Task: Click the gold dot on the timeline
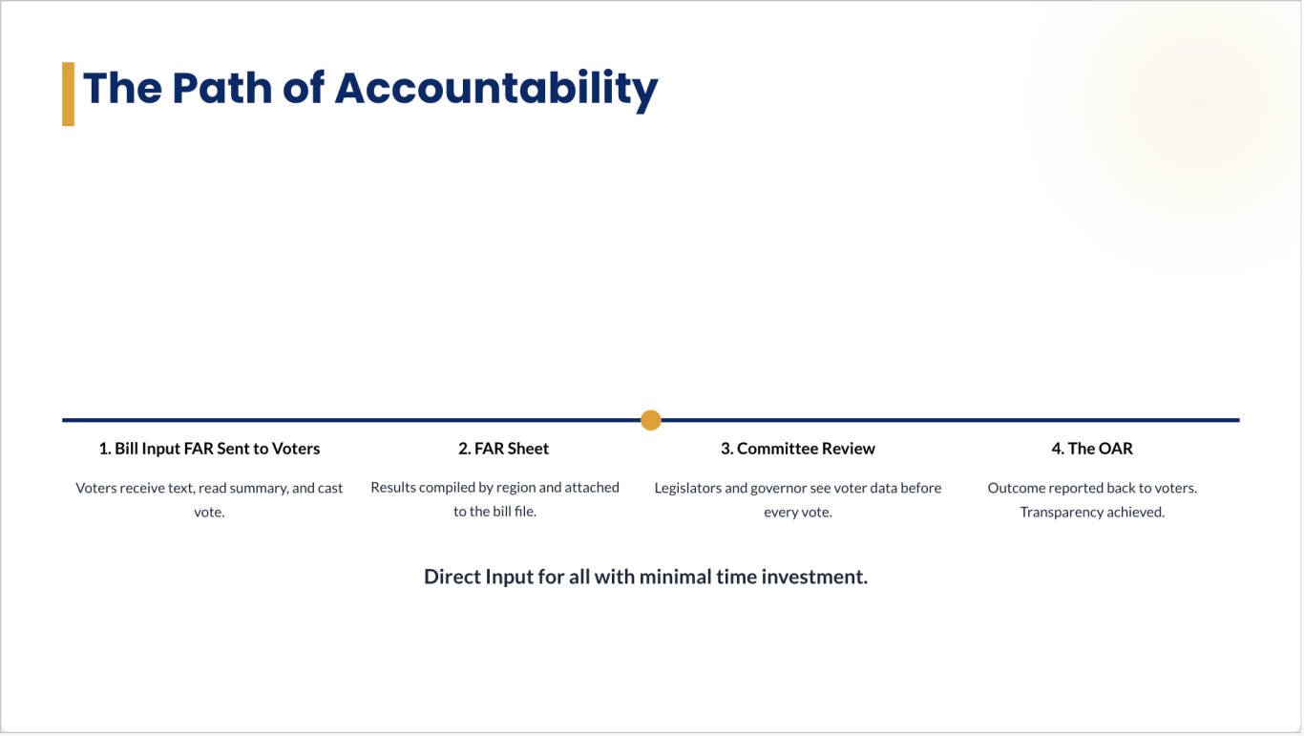[x=651, y=420]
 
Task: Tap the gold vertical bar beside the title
[x=68, y=94]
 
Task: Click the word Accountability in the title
[x=496, y=89]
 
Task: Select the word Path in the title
[x=221, y=88]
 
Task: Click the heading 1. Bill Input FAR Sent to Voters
[x=210, y=449]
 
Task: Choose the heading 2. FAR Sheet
[x=503, y=449]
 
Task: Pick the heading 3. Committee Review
[x=797, y=449]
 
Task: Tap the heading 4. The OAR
[x=1092, y=449]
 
